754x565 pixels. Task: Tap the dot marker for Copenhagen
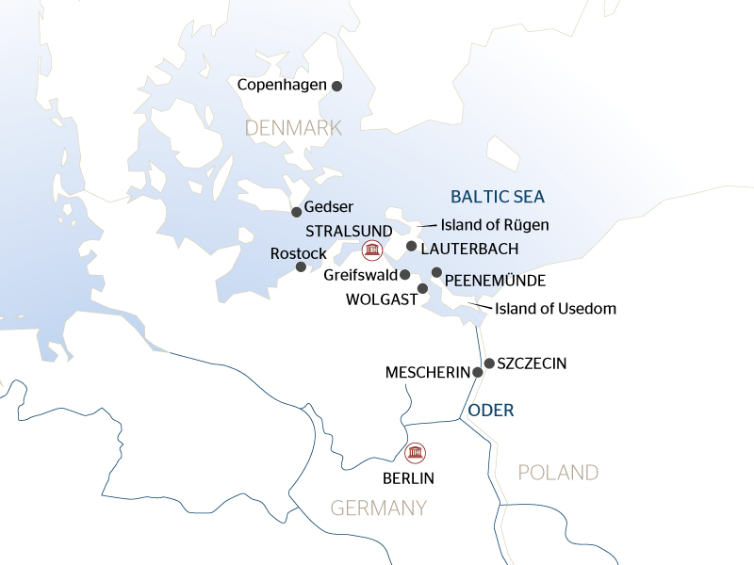[336, 86]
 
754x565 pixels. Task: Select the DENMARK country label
[292, 127]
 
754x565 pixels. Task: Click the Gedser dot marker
[296, 212]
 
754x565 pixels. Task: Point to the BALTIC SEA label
[497, 197]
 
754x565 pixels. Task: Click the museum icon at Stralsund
[372, 250]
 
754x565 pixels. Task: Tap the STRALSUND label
[343, 230]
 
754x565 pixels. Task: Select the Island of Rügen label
[495, 225]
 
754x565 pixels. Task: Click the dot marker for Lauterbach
[411, 247]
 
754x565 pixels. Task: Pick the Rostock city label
[298, 253]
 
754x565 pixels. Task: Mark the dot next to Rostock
[301, 267]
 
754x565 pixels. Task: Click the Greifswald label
[360, 275]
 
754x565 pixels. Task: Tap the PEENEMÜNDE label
[495, 281]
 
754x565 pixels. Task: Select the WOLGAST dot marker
[422, 288]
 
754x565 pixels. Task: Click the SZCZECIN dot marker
[489, 363]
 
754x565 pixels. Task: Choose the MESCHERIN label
[427, 373]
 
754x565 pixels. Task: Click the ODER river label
[491, 410]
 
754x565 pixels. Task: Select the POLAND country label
[558, 472]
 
